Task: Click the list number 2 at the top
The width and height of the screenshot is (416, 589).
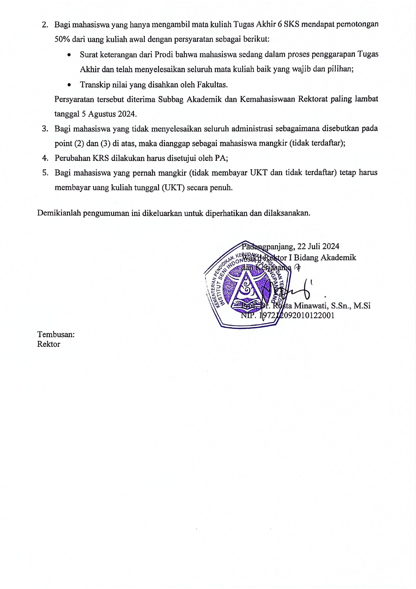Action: tap(45, 25)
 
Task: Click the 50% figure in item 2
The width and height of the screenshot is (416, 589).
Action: tap(62, 40)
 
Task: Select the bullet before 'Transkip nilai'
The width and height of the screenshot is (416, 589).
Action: tap(69, 85)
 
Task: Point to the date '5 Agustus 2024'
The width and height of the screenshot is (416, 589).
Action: tap(109, 114)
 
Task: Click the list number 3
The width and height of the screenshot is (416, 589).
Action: tap(45, 129)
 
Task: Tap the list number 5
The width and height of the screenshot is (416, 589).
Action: tap(45, 173)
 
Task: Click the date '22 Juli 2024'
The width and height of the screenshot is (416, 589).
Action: tap(318, 247)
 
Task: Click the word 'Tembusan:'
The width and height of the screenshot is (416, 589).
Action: tap(56, 335)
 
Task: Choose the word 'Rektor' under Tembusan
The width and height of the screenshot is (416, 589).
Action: tap(49, 344)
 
